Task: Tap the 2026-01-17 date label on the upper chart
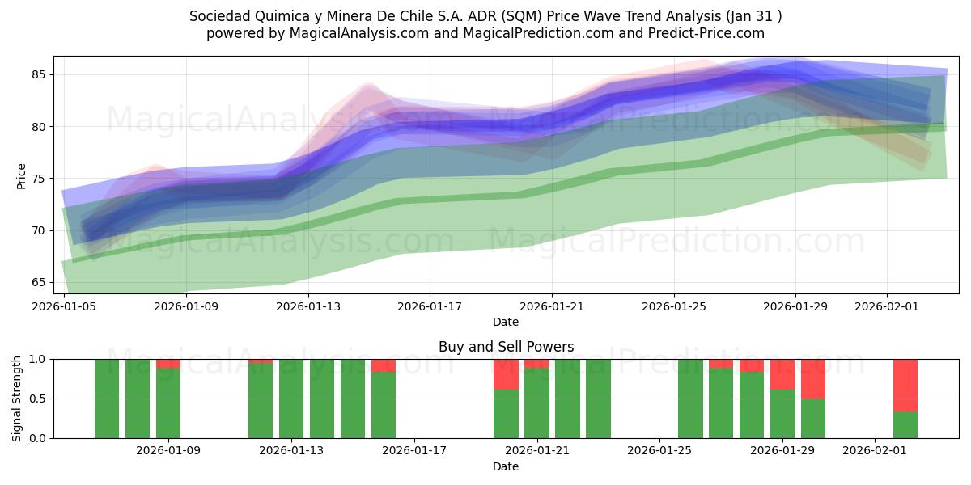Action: (429, 307)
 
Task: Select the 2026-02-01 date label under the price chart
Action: (887, 307)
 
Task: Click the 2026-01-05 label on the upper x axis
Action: (64, 307)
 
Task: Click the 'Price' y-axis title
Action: (21, 175)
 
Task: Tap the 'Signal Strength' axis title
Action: (17, 399)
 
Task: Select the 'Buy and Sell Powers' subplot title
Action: (506, 347)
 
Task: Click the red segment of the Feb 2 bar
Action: (905, 385)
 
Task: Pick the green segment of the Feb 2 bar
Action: (905, 424)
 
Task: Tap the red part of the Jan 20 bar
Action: (506, 374)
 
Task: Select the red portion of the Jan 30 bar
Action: (813, 378)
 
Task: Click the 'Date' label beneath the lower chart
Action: (506, 466)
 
